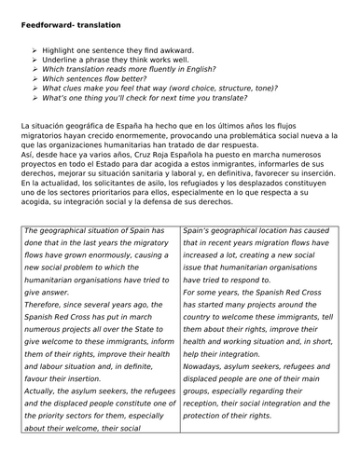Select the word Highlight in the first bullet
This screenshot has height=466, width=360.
click(x=64, y=48)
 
